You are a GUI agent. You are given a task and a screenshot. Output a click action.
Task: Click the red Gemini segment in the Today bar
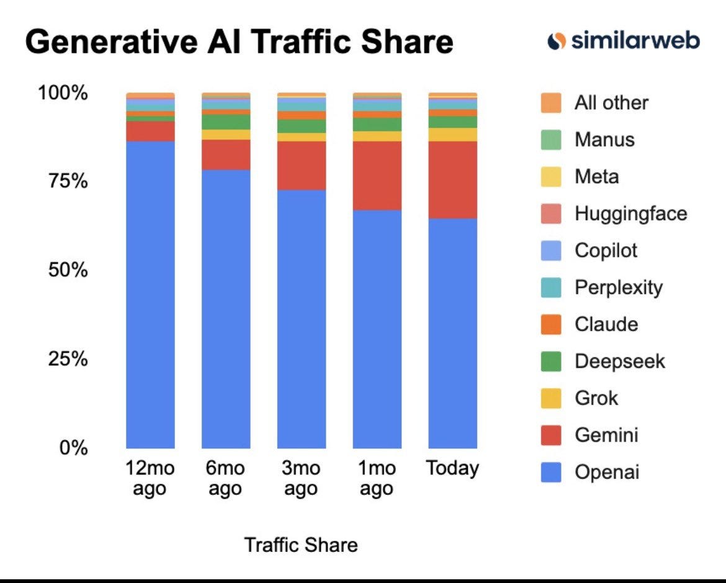coord(452,180)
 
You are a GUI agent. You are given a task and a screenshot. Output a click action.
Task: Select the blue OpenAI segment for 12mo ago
coord(151,295)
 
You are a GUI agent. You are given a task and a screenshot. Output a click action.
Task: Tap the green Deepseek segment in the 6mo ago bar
coord(226,122)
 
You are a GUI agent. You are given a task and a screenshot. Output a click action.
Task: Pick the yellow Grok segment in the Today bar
coord(452,135)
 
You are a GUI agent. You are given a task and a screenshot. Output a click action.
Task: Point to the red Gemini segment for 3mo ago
coord(302,166)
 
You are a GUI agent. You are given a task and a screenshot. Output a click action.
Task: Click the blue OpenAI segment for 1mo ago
coord(377,329)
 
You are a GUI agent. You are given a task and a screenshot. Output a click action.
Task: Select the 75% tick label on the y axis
coord(68,181)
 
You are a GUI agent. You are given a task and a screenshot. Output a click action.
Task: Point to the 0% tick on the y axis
coord(74,448)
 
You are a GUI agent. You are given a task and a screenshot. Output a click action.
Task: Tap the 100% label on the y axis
coord(63,92)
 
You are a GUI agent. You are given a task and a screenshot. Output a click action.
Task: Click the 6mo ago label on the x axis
coord(225,478)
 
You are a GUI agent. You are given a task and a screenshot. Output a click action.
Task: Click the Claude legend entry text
coord(606,324)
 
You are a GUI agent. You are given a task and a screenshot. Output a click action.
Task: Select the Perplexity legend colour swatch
coord(551,287)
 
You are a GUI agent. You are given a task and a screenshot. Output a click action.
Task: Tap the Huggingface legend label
coord(630,214)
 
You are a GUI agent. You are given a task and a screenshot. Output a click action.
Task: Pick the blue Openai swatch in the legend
coord(551,472)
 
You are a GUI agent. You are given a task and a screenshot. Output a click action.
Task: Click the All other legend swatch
coord(551,103)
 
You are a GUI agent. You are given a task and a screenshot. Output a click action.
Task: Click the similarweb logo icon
coord(557,41)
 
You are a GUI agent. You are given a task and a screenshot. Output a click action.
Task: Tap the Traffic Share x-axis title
coord(301,545)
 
